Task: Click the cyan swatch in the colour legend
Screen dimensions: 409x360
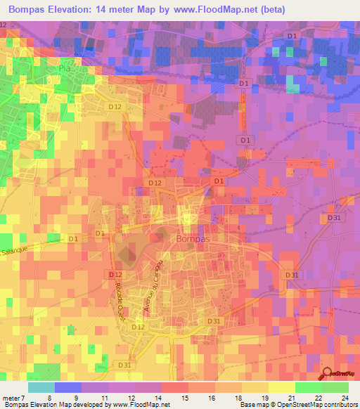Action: [x=41, y=387]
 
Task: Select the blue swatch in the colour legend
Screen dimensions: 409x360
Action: [x=68, y=387]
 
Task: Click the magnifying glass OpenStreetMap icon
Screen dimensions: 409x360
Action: [x=329, y=374]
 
